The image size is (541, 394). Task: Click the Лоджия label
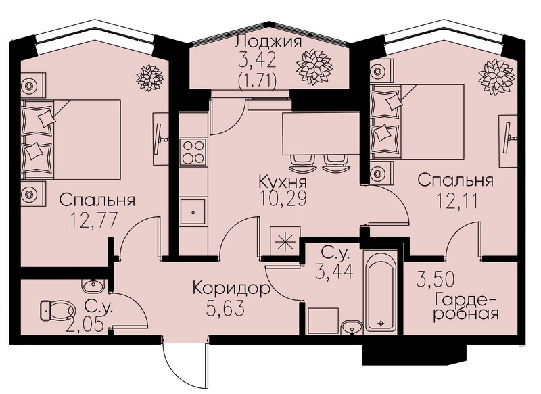click(x=268, y=42)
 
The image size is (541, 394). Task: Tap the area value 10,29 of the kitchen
click(x=283, y=199)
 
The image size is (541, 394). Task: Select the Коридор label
click(x=231, y=288)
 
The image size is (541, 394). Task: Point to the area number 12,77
click(x=94, y=220)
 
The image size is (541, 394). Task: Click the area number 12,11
click(x=458, y=201)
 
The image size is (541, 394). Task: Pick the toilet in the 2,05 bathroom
click(x=57, y=310)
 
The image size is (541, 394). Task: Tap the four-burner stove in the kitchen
click(x=193, y=151)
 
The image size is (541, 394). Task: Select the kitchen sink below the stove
click(x=193, y=212)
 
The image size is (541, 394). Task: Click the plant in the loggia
click(x=314, y=66)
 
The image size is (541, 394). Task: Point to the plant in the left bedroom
click(x=149, y=78)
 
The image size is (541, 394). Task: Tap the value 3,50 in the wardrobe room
click(x=436, y=279)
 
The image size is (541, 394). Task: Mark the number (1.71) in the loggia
click(x=257, y=82)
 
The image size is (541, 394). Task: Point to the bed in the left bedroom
click(x=71, y=139)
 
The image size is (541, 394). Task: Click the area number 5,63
click(x=225, y=307)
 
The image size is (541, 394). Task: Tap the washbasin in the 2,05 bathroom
click(x=93, y=286)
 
